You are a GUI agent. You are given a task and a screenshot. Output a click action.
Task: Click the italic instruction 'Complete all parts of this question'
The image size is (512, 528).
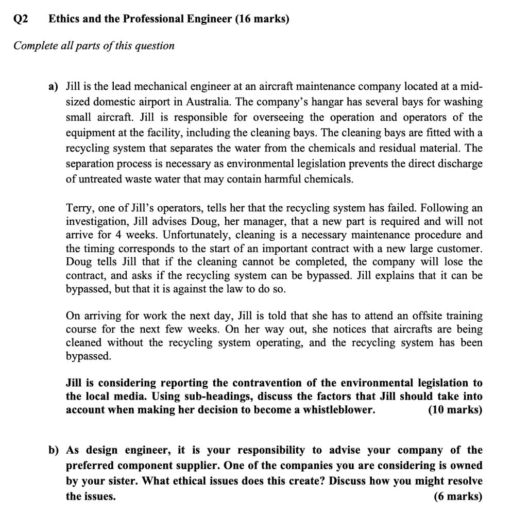click(94, 46)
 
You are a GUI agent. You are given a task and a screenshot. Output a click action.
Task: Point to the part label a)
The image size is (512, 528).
click(54, 87)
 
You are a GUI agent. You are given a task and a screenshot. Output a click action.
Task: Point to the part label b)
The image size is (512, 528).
click(54, 450)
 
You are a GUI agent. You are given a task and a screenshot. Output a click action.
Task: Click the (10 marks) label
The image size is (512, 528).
click(455, 410)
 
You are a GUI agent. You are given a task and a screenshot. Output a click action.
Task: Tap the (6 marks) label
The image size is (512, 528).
click(458, 496)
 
